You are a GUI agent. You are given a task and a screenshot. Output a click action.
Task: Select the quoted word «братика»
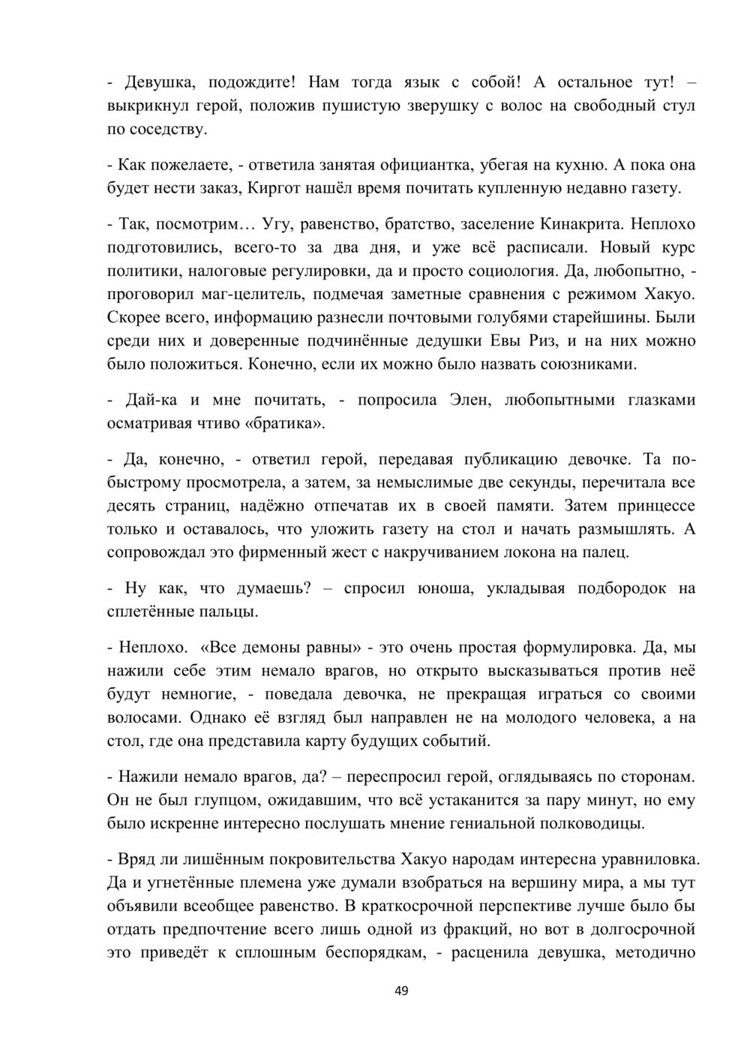pyautogui.click(x=285, y=424)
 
